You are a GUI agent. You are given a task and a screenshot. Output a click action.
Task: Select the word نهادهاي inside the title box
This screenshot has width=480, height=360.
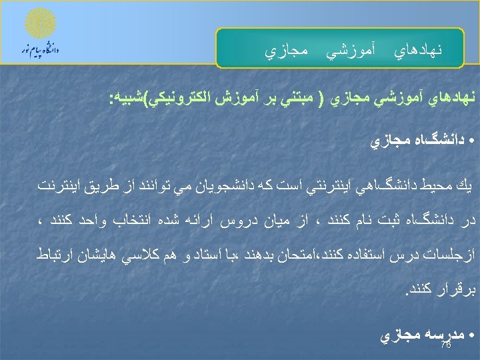[419, 50]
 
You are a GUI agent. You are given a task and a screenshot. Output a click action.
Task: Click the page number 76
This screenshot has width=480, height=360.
[446, 346]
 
